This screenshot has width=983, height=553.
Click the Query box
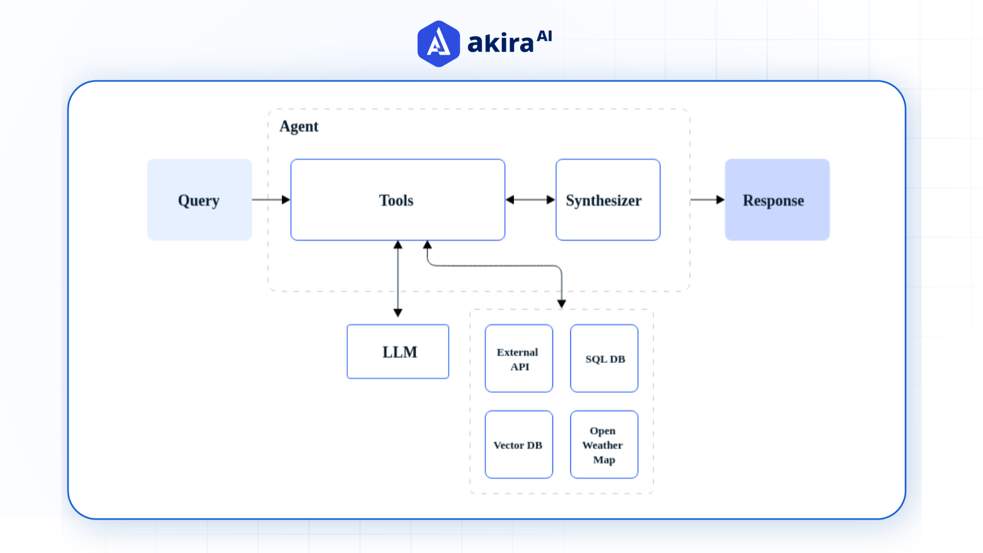pos(199,200)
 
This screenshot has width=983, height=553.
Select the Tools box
pos(397,200)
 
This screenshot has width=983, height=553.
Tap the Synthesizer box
pos(608,200)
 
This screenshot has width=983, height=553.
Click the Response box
pos(777,200)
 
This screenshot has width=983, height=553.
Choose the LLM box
pos(398,352)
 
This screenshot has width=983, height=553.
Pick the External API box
pos(519,358)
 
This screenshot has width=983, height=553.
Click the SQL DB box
pos(604,358)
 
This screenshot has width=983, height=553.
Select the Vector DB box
pos(519,444)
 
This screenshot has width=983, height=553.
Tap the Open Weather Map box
pos(604,444)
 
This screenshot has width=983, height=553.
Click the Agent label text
pos(299,126)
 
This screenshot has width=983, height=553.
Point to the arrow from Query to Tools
pos(270,200)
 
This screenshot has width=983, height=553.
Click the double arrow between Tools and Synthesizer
pos(530,200)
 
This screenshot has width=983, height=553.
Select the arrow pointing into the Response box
pos(707,200)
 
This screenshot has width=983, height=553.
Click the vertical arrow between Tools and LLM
pos(398,279)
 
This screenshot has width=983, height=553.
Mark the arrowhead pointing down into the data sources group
pos(562,304)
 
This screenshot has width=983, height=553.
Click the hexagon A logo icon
pos(438,44)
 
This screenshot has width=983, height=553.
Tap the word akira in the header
pos(500,44)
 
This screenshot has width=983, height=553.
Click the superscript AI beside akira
pos(544,36)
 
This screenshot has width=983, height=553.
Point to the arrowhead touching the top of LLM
pos(398,313)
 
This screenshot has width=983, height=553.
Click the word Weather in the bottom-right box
pos(603,445)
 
